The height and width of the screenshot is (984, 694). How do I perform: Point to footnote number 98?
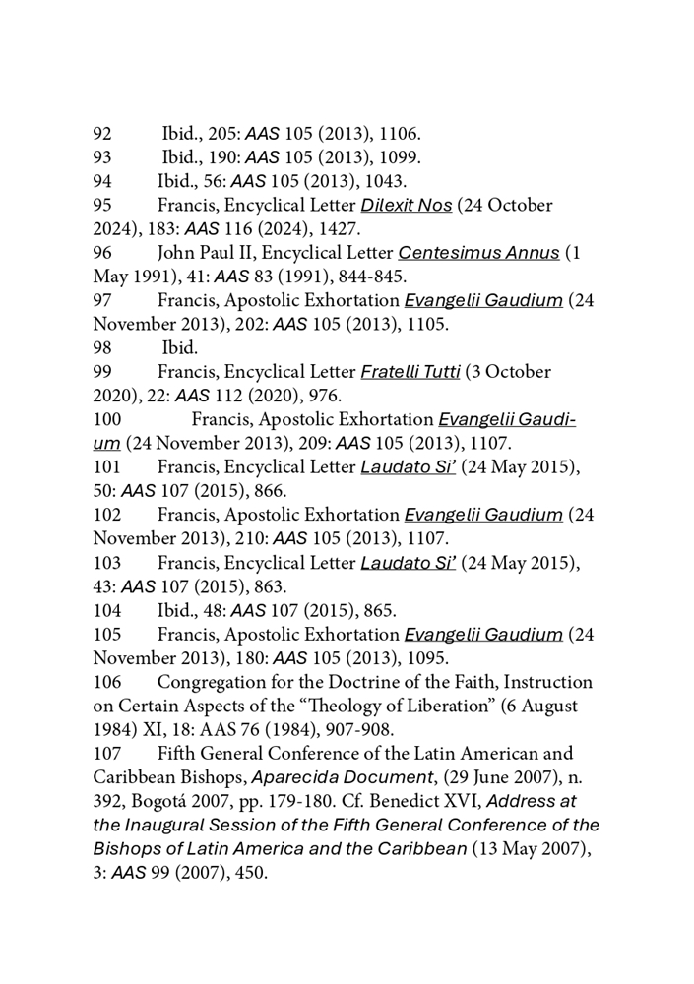[102, 348]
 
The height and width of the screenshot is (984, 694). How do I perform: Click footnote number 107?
[107, 754]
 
